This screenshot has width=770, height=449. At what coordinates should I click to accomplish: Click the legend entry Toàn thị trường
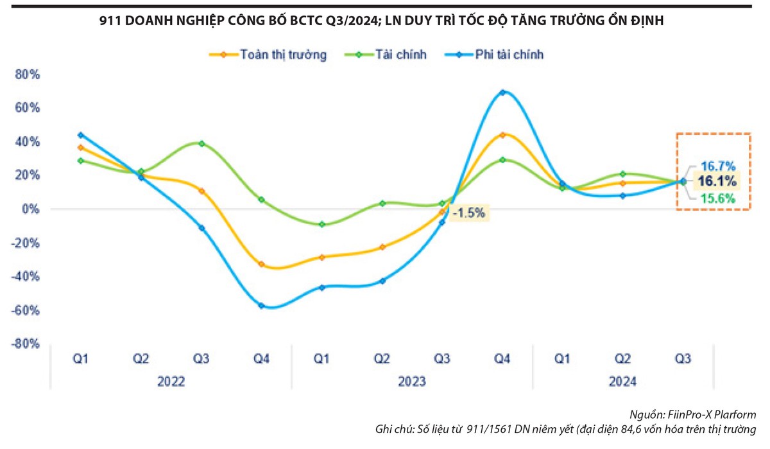click(x=283, y=55)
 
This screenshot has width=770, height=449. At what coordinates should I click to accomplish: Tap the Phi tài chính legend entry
click(x=509, y=55)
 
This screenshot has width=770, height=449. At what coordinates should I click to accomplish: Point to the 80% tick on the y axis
click(x=28, y=74)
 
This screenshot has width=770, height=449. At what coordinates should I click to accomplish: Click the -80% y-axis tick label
click(x=26, y=344)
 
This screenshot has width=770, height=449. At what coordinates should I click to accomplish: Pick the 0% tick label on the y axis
click(x=31, y=209)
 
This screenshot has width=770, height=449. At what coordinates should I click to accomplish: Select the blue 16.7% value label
click(x=717, y=166)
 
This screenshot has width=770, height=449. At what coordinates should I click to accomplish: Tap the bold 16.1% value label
click(x=717, y=182)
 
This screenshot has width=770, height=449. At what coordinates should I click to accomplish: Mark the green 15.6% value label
click(x=717, y=199)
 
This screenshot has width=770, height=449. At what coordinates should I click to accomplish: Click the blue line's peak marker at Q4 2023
click(x=503, y=92)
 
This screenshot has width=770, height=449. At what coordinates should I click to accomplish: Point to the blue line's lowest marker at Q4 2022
click(x=261, y=306)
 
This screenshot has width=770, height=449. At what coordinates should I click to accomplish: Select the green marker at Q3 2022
click(x=201, y=143)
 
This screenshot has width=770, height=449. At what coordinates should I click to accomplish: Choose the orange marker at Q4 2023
click(x=503, y=135)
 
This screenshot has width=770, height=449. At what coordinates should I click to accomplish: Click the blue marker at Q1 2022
click(x=80, y=135)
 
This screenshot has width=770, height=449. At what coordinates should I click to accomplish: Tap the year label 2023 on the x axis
click(x=412, y=382)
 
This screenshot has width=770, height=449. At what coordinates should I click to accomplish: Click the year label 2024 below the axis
click(x=623, y=382)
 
